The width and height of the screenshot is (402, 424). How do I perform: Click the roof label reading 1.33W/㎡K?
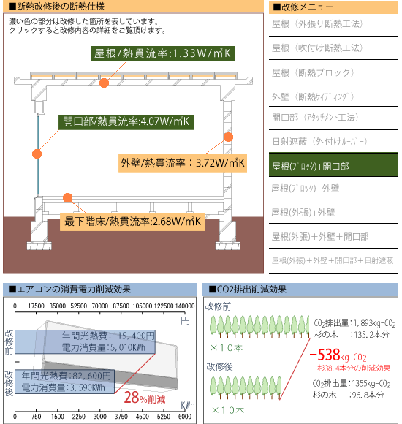[163, 53]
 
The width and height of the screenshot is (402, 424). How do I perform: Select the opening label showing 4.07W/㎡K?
[126, 122]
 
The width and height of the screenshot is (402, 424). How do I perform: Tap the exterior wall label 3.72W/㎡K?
[183, 163]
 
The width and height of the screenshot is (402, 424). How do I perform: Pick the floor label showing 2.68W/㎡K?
[132, 222]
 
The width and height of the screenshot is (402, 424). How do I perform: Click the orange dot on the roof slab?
[104, 83]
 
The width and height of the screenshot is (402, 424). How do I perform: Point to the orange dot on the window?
[37, 154]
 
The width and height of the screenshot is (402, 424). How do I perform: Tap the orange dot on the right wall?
[229, 137]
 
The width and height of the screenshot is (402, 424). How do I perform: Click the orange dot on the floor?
[67, 197]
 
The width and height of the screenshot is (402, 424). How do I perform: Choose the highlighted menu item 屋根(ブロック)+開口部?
[333, 165]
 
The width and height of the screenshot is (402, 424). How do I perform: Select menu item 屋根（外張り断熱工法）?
[317, 24]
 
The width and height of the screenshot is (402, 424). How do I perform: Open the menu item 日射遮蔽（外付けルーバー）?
[319, 141]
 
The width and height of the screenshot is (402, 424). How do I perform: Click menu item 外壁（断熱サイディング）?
[313, 96]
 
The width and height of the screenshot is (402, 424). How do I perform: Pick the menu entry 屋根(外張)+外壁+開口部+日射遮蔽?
[333, 261]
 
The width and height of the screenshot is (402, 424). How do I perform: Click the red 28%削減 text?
[145, 398]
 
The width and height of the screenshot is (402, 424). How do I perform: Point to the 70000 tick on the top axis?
[99, 306]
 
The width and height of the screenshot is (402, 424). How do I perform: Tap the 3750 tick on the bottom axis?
[121, 417]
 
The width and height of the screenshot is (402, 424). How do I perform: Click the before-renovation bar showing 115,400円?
[86, 341]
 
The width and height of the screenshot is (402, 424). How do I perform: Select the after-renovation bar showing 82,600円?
[65, 382]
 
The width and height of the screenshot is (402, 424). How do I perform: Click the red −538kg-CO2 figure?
[338, 355]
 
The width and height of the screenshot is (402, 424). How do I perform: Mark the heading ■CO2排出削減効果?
[247, 289]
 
